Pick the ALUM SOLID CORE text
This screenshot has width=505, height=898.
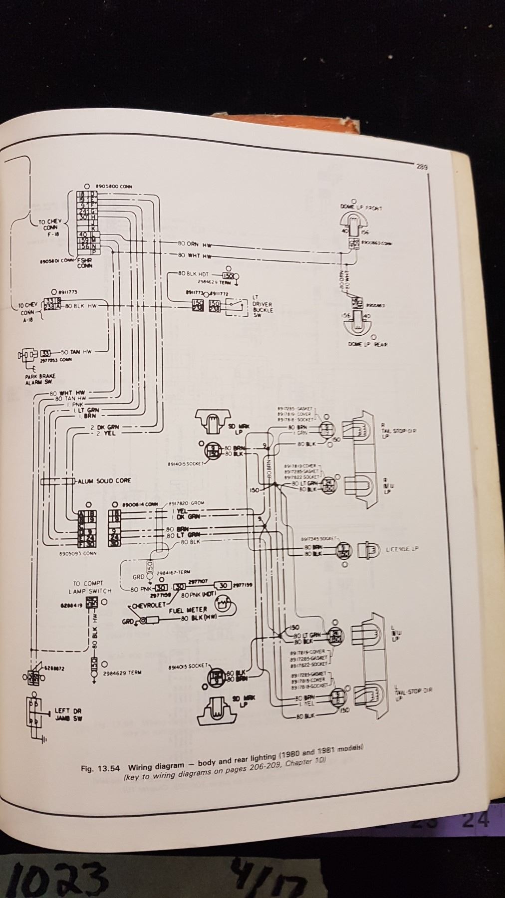pos(104,480)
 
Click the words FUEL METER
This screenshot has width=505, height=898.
pos(188,610)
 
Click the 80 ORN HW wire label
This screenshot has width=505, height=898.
pos(195,244)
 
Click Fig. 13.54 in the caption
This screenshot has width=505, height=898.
pos(100,768)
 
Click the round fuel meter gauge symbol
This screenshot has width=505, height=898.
pos(223,604)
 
